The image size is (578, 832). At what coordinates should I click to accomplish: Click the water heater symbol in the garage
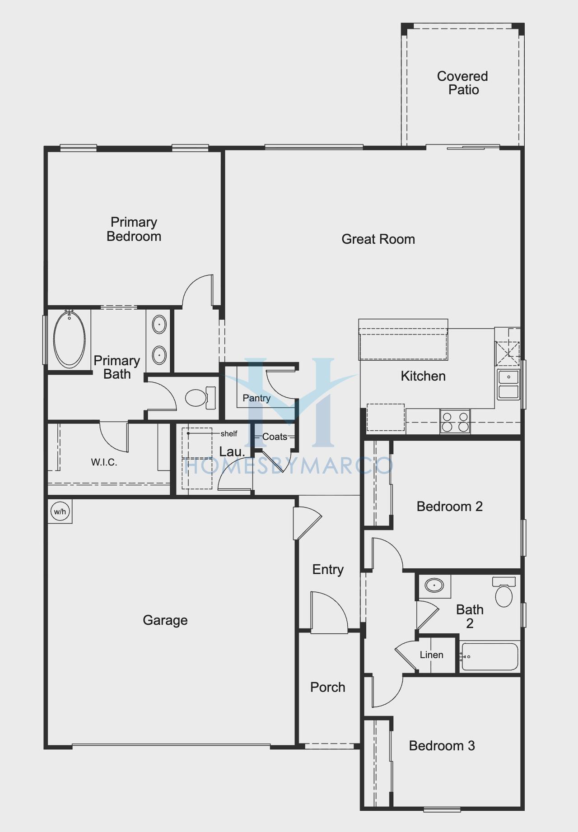click(60, 511)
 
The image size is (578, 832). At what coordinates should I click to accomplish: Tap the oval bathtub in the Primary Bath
click(69, 339)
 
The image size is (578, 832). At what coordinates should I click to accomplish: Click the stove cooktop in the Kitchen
click(455, 421)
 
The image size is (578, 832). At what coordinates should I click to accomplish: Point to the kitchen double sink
click(508, 384)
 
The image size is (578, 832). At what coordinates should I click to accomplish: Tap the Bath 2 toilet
click(504, 591)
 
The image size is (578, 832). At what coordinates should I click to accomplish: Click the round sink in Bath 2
click(434, 586)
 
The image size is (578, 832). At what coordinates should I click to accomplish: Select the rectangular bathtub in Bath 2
click(489, 656)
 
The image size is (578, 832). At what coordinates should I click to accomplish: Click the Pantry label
click(256, 398)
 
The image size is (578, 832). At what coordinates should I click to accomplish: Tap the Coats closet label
click(275, 437)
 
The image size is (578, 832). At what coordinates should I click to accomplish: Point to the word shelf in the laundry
click(229, 433)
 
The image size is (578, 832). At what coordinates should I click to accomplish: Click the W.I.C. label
click(104, 462)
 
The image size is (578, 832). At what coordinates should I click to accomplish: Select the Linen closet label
click(431, 655)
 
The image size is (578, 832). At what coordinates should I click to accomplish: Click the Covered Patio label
click(463, 83)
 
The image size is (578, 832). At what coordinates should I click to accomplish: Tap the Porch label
click(328, 687)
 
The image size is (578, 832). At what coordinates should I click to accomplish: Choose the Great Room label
click(378, 239)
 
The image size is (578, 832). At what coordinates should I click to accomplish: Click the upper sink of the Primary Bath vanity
click(159, 325)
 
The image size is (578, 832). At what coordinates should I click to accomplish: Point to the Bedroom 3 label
click(442, 745)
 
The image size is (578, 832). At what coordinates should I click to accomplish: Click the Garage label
click(165, 620)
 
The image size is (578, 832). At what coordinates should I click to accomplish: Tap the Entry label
click(328, 570)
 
